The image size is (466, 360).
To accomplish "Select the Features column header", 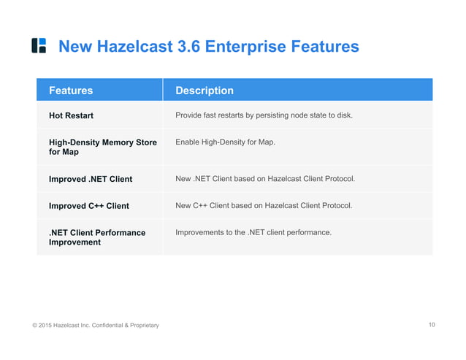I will pyautogui.click(x=71, y=91).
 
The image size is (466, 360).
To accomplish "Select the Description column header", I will pyautogui.click(x=205, y=91).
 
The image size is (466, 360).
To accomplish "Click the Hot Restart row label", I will pyautogui.click(x=71, y=115).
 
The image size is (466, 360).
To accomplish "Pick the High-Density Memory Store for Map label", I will pyautogui.click(x=102, y=147).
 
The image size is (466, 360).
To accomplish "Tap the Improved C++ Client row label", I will pyautogui.click(x=88, y=206).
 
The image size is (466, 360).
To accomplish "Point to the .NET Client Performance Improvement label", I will pyautogui.click(x=97, y=237).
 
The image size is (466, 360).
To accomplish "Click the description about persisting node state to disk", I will pyautogui.click(x=264, y=115).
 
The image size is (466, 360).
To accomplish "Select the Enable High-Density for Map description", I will pyautogui.click(x=225, y=142).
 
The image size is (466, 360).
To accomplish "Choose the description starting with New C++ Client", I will pyautogui.click(x=264, y=205).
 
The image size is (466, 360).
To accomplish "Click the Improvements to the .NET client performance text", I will pyautogui.click(x=253, y=232).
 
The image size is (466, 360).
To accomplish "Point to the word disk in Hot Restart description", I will pyautogui.click(x=343, y=115).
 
